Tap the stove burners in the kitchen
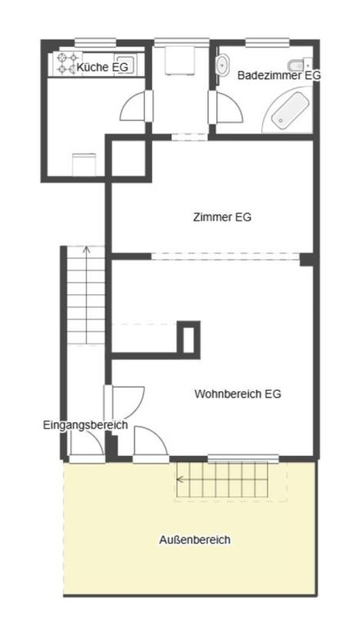click(x=65, y=63)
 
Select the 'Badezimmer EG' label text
click(x=278, y=75)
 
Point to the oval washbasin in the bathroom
click(x=224, y=65)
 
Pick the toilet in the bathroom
click(x=298, y=65)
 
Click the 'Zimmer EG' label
click(x=222, y=217)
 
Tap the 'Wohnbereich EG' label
click(x=238, y=394)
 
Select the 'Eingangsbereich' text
click(x=85, y=425)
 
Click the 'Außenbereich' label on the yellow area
click(x=195, y=540)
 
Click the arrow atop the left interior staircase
click(x=86, y=249)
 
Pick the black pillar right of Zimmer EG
click(x=306, y=259)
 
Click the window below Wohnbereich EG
click(x=242, y=460)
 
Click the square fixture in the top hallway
click(x=182, y=60)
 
